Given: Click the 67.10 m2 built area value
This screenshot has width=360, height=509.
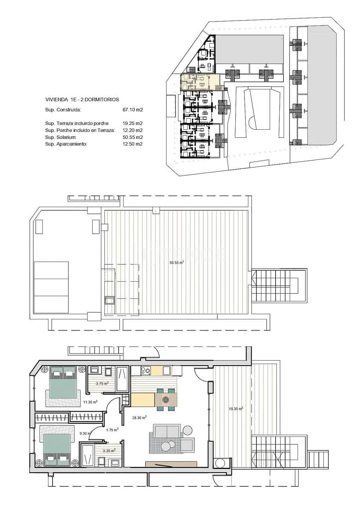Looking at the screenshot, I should pyautogui.click(x=132, y=110).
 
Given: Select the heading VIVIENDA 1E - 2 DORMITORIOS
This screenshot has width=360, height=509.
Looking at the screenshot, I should pyautogui.click(x=82, y=99).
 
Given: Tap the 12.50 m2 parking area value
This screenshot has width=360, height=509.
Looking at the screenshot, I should pyautogui.click(x=132, y=144).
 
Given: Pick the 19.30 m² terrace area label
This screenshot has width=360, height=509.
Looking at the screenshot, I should pyautogui.click(x=236, y=409).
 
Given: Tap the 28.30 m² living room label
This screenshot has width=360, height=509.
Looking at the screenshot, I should pyautogui.click(x=139, y=417).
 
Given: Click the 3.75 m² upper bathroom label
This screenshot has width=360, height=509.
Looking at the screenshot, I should pyautogui.click(x=102, y=383).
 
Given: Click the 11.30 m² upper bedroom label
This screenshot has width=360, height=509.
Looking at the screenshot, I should pyautogui.click(x=90, y=402).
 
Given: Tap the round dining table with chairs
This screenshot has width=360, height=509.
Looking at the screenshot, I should pyautogui.click(x=166, y=399).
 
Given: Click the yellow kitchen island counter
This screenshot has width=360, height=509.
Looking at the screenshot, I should pyautogui.click(x=143, y=400).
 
